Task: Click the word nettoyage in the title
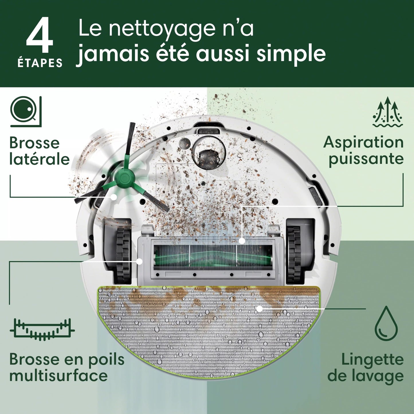(x=161, y=29)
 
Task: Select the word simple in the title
(x=291, y=54)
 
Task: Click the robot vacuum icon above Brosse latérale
(x=26, y=111)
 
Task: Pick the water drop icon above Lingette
(x=386, y=323)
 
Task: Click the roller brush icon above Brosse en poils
(x=42, y=329)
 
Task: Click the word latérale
(x=40, y=159)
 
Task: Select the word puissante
(x=366, y=158)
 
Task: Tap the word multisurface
(x=58, y=376)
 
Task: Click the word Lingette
(x=372, y=360)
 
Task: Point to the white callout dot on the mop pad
(x=259, y=309)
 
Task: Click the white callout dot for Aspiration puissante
(x=242, y=241)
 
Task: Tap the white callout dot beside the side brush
(x=114, y=197)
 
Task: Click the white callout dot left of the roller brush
(x=140, y=261)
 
